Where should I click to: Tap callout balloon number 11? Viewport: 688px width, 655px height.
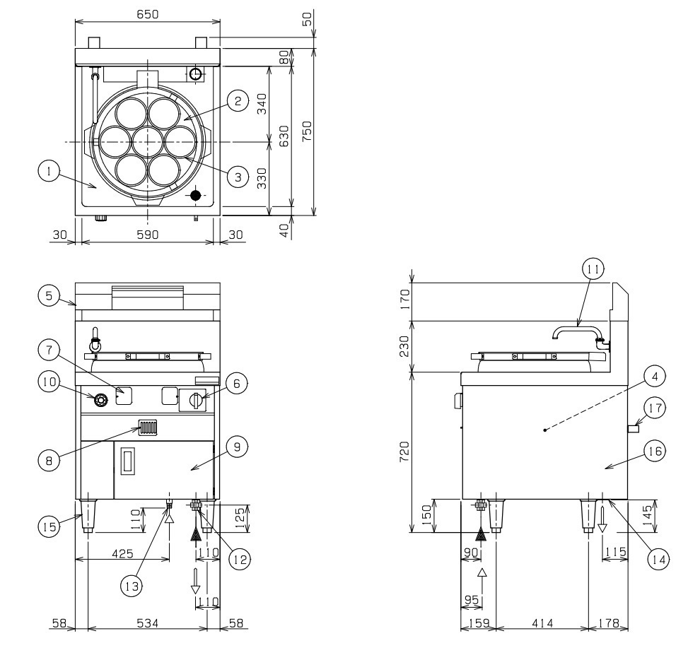click(592, 269)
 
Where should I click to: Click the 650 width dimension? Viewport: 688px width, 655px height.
click(147, 15)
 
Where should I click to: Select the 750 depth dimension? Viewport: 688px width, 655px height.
click(306, 132)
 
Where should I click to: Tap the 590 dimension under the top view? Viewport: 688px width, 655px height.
click(146, 234)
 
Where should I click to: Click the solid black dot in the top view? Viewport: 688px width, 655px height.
click(196, 195)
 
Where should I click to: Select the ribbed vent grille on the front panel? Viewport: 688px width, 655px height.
click(147, 427)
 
